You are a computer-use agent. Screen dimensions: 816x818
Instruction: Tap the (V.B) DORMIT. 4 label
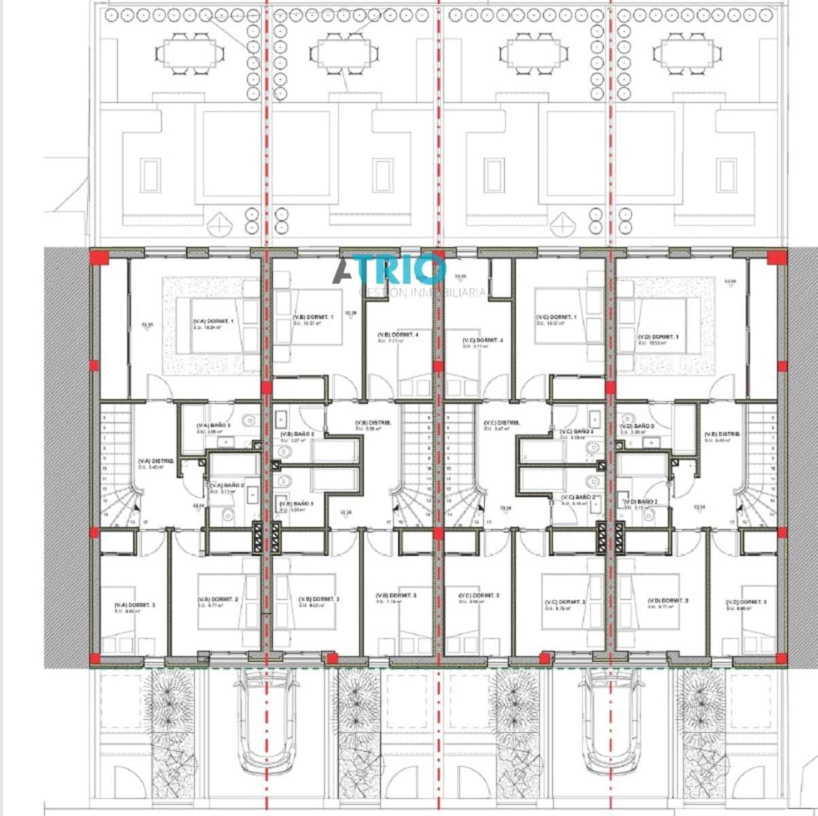tap(398, 335)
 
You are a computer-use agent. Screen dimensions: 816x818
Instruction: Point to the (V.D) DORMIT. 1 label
tap(658, 338)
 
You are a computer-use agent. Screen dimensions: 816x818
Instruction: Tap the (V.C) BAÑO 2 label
tap(577, 498)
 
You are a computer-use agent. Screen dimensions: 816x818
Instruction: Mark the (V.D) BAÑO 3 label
tap(637, 426)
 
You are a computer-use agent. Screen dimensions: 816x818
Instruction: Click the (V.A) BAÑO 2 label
tap(224, 486)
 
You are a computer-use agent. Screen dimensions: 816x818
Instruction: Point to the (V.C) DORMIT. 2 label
tap(565, 603)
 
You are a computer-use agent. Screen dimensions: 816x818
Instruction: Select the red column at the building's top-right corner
tap(774, 257)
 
